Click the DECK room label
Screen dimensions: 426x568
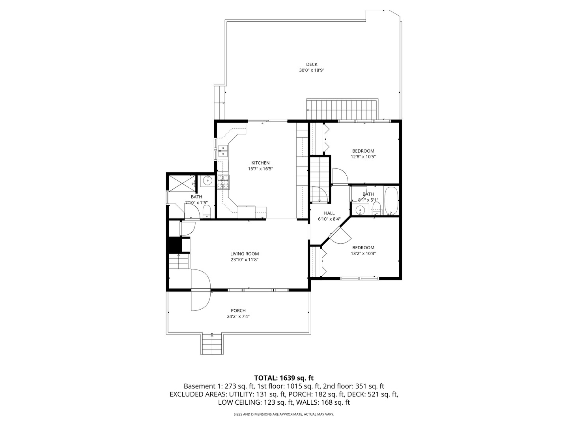[x=312, y=64]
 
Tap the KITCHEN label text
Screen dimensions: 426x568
[x=260, y=163]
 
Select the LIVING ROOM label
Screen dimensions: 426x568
[x=245, y=254]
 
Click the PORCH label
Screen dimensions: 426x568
[x=238, y=310]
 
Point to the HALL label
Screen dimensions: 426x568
[x=329, y=213]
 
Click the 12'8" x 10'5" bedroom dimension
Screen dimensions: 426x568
[x=363, y=157]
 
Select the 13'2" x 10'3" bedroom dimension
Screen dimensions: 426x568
[x=363, y=254]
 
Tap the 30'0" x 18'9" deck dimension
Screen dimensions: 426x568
[x=312, y=70]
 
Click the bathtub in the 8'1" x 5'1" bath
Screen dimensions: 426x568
[x=391, y=201]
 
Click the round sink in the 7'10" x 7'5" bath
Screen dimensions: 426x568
[x=207, y=181]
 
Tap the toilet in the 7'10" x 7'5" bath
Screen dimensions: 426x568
[x=206, y=211]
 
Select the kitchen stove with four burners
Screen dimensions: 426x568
[x=223, y=182]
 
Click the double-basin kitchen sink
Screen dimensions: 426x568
[x=223, y=151]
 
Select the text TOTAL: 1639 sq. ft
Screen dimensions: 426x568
[x=284, y=378]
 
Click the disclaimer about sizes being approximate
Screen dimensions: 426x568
[x=284, y=415]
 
